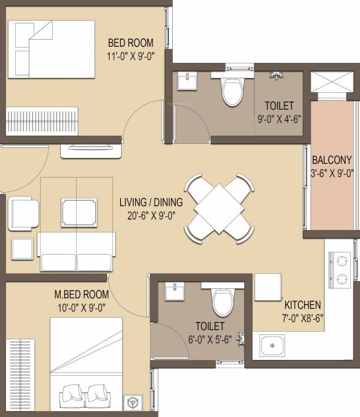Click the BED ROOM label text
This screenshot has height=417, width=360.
pos(130,42)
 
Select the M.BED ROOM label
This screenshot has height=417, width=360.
pos(81,295)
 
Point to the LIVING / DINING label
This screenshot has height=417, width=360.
pos(151,203)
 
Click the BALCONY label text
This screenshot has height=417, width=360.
pos(331,160)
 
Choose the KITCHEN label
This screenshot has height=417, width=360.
pos(302,305)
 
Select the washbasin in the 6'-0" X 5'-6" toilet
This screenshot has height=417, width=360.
pos(175,293)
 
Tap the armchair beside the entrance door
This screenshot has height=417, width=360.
pos(23,212)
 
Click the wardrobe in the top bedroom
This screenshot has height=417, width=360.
pos(42,117)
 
